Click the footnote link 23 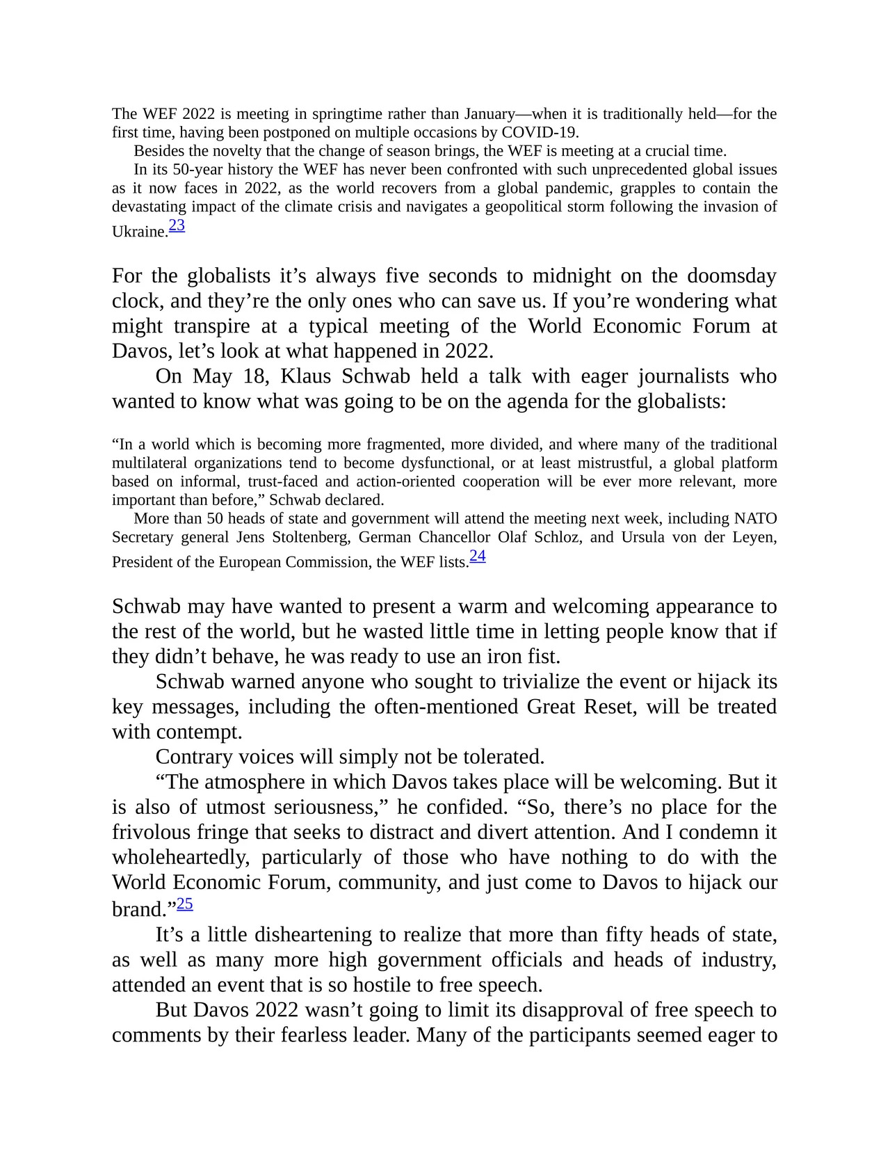[x=177, y=225]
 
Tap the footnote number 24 [x=478, y=556]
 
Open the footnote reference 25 [x=185, y=904]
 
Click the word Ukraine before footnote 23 [x=139, y=232]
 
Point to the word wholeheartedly [x=180, y=857]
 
